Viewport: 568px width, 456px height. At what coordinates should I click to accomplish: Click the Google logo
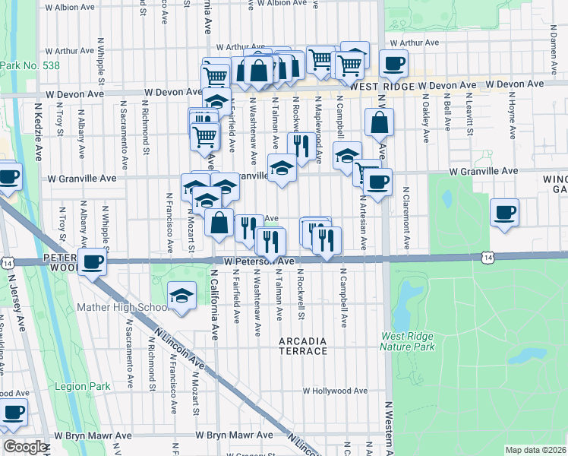coord(25,447)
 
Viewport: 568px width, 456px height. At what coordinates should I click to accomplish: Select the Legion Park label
coord(84,386)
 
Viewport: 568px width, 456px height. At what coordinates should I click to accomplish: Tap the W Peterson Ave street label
coord(258,261)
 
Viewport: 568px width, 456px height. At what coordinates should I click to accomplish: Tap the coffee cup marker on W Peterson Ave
coord(93,262)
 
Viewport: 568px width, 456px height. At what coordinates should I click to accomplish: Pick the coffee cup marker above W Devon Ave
coord(393,64)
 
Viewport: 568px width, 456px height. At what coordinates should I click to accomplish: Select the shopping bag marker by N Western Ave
coord(378,121)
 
